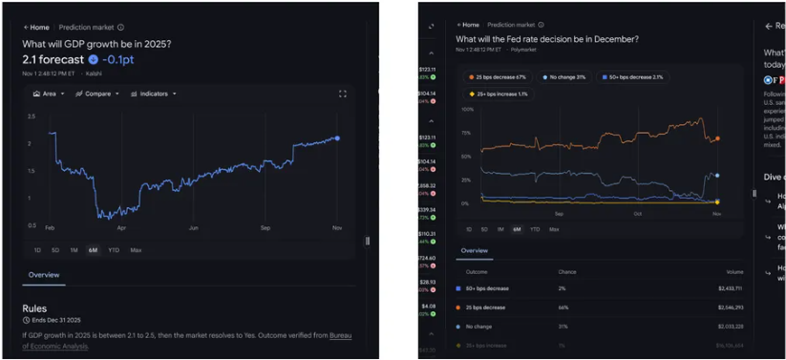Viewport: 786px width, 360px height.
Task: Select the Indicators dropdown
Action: click(x=151, y=94)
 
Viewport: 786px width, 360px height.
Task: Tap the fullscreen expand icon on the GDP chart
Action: click(x=343, y=94)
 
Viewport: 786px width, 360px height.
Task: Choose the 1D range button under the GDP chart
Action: click(x=37, y=250)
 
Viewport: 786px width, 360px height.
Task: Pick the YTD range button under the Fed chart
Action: click(x=535, y=229)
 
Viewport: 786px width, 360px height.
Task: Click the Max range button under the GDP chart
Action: click(x=136, y=250)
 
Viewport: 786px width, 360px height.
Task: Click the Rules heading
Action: click(x=34, y=308)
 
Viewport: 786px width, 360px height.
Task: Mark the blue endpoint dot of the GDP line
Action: click(x=336, y=138)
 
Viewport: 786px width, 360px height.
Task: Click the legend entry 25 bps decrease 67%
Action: click(x=499, y=76)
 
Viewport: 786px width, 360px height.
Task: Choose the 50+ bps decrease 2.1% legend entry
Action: click(x=630, y=76)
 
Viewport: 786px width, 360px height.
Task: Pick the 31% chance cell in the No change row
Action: click(x=563, y=326)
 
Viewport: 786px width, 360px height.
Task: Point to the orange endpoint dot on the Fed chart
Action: click(x=716, y=138)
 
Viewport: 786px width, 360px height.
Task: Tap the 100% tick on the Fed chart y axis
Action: click(x=467, y=108)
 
